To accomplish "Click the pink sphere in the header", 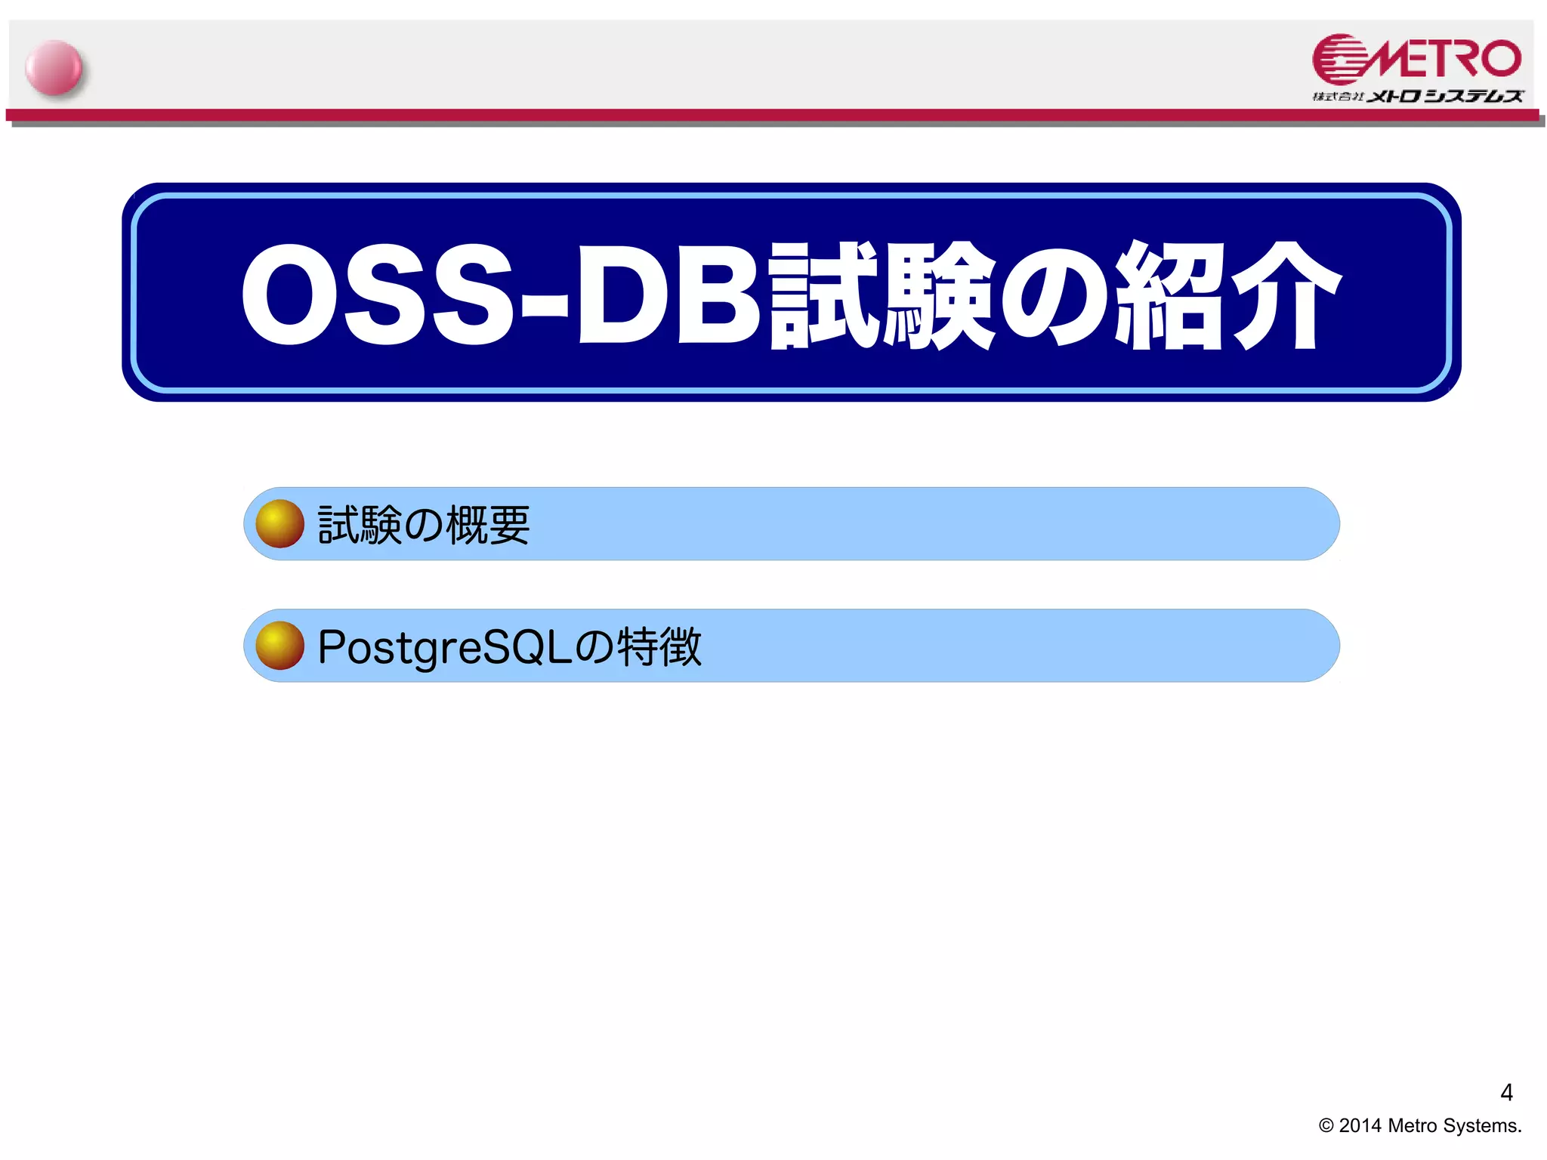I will tap(54, 68).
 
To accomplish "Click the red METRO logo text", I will tap(1444, 59).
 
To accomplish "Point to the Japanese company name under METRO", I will tap(1417, 96).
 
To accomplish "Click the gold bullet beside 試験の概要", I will tap(279, 523).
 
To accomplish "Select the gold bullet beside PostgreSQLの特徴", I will tap(279, 646).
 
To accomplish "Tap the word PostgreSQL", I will tap(444, 648).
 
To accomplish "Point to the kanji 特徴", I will tap(659, 647).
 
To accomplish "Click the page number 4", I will tap(1506, 1092).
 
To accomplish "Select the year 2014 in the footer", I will tap(1360, 1126).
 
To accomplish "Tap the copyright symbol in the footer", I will tap(1326, 1126).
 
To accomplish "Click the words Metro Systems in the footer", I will tap(1454, 1126).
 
